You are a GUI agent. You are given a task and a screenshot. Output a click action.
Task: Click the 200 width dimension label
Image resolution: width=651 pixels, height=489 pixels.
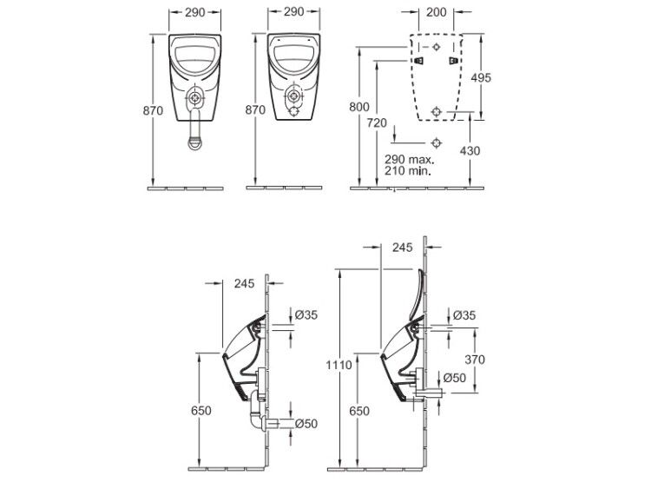click(436, 12)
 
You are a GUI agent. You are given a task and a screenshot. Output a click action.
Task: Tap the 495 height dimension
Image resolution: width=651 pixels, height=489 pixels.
click(481, 77)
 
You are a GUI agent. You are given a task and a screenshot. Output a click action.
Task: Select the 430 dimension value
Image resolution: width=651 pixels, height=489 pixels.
click(470, 151)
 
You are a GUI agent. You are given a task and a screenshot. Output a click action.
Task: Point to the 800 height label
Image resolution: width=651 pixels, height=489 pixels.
click(359, 107)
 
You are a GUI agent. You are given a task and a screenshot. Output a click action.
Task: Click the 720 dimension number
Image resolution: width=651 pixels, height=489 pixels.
click(377, 123)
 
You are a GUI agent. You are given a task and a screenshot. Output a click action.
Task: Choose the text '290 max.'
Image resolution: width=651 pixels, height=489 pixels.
click(409, 160)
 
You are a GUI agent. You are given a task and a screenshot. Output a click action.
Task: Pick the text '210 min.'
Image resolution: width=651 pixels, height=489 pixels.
click(407, 170)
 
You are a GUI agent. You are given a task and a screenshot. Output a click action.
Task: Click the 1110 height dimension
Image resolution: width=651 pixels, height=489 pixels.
click(339, 365)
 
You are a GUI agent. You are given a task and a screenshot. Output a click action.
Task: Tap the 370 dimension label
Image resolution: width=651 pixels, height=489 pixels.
click(475, 360)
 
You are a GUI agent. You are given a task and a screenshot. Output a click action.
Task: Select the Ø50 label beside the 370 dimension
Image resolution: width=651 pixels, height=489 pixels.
click(455, 378)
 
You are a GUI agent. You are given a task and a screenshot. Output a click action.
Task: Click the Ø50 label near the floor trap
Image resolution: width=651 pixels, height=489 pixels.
click(306, 424)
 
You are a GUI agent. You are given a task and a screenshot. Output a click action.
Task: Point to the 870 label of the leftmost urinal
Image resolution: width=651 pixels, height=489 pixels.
click(153, 111)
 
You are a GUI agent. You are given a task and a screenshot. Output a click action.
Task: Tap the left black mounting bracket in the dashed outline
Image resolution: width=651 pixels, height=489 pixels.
click(418, 61)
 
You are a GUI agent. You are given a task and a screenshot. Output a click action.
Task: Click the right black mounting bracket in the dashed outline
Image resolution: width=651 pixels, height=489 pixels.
click(454, 61)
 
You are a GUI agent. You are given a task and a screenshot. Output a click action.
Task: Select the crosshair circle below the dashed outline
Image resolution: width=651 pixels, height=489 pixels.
click(436, 143)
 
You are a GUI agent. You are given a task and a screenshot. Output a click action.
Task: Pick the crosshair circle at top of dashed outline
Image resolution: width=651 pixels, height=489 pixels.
click(436, 47)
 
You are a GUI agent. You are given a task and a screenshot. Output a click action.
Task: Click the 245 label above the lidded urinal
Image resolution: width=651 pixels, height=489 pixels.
click(402, 248)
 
